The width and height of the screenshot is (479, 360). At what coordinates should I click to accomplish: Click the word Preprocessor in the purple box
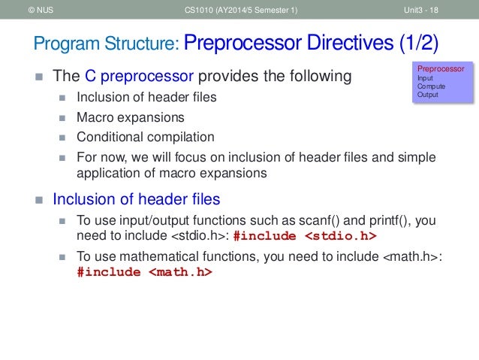click(x=441, y=69)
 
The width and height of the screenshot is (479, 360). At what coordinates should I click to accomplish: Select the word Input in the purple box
click(x=425, y=78)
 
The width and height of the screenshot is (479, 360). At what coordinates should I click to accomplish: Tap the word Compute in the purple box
click(x=431, y=86)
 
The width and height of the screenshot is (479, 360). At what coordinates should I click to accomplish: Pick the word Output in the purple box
click(x=429, y=95)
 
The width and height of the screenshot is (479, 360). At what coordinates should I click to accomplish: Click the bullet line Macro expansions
click(x=130, y=117)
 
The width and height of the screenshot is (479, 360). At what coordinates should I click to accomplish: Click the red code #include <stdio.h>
click(x=306, y=235)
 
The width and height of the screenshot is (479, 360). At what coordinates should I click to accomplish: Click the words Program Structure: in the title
click(x=104, y=44)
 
